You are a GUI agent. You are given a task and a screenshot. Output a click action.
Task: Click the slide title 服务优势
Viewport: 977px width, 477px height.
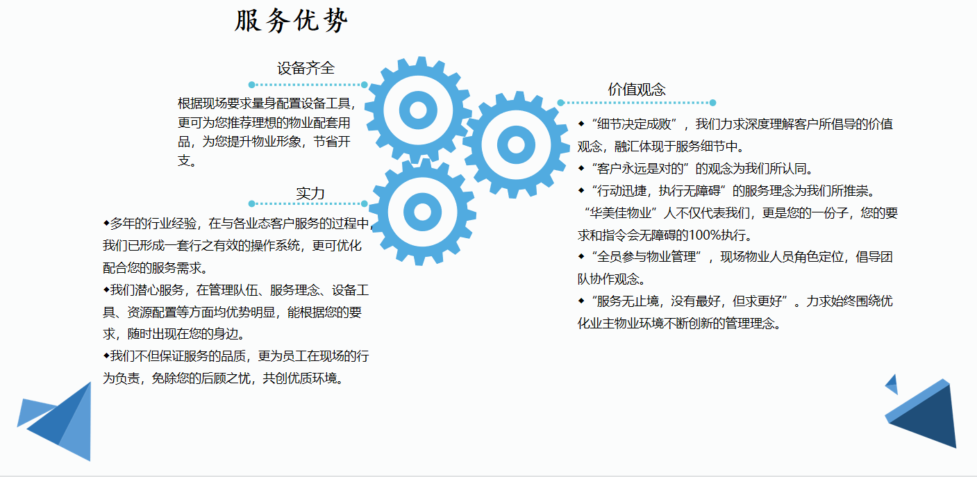click(x=292, y=21)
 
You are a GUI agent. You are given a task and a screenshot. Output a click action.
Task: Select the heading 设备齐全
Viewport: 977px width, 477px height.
click(x=306, y=68)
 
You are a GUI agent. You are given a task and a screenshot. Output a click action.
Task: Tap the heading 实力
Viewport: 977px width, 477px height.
click(x=310, y=194)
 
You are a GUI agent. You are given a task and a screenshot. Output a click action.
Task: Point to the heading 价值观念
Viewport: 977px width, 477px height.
click(x=637, y=90)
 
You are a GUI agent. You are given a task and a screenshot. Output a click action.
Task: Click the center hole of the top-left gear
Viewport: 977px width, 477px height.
click(x=418, y=110)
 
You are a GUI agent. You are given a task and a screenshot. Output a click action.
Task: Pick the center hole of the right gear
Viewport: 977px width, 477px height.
click(x=517, y=144)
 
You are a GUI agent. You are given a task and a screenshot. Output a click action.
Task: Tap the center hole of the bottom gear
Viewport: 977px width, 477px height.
click(x=422, y=212)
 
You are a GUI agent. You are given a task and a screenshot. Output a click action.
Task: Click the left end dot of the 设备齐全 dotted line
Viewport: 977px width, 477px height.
click(x=251, y=85)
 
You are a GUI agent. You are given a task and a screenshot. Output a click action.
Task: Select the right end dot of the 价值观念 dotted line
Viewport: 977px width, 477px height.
click(x=712, y=103)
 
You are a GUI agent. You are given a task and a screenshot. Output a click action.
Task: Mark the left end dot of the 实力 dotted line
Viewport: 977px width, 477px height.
click(x=251, y=203)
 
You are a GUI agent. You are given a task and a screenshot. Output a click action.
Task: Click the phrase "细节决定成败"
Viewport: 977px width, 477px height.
click(x=634, y=124)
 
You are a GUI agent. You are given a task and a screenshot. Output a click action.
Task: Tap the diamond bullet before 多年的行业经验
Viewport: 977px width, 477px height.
click(x=106, y=224)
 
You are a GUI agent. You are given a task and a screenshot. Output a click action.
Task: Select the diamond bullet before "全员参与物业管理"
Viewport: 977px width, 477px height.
click(x=581, y=256)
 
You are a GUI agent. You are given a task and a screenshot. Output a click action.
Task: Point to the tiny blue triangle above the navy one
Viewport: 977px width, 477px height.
click(x=892, y=384)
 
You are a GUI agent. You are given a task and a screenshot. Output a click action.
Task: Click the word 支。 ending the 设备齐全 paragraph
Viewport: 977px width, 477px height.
click(x=187, y=160)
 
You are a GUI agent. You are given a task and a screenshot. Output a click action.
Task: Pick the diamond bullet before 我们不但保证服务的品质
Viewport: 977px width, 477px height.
click(x=106, y=355)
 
